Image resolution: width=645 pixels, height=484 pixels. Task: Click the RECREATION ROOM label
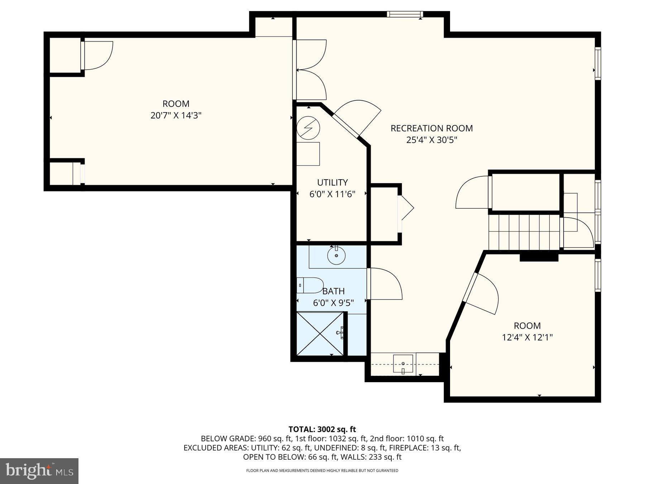[431, 128]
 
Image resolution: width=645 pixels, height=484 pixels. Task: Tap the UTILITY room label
[332, 182]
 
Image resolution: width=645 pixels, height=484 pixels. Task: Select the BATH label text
[333, 291]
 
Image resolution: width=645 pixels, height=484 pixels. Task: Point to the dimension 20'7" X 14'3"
[176, 115]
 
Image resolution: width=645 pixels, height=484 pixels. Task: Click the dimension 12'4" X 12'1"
[527, 337]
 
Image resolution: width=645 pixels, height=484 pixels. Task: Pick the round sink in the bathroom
[336, 256]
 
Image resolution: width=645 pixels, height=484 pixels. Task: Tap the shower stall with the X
[320, 334]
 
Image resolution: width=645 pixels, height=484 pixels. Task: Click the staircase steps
[524, 232]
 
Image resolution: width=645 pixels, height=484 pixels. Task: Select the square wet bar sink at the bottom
[403, 364]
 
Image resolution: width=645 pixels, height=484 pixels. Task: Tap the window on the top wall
[405, 14]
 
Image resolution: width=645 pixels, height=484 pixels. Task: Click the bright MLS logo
[39, 471]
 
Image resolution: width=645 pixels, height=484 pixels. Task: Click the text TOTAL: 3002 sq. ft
[322, 429]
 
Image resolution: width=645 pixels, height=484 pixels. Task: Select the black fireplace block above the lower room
[539, 257]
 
